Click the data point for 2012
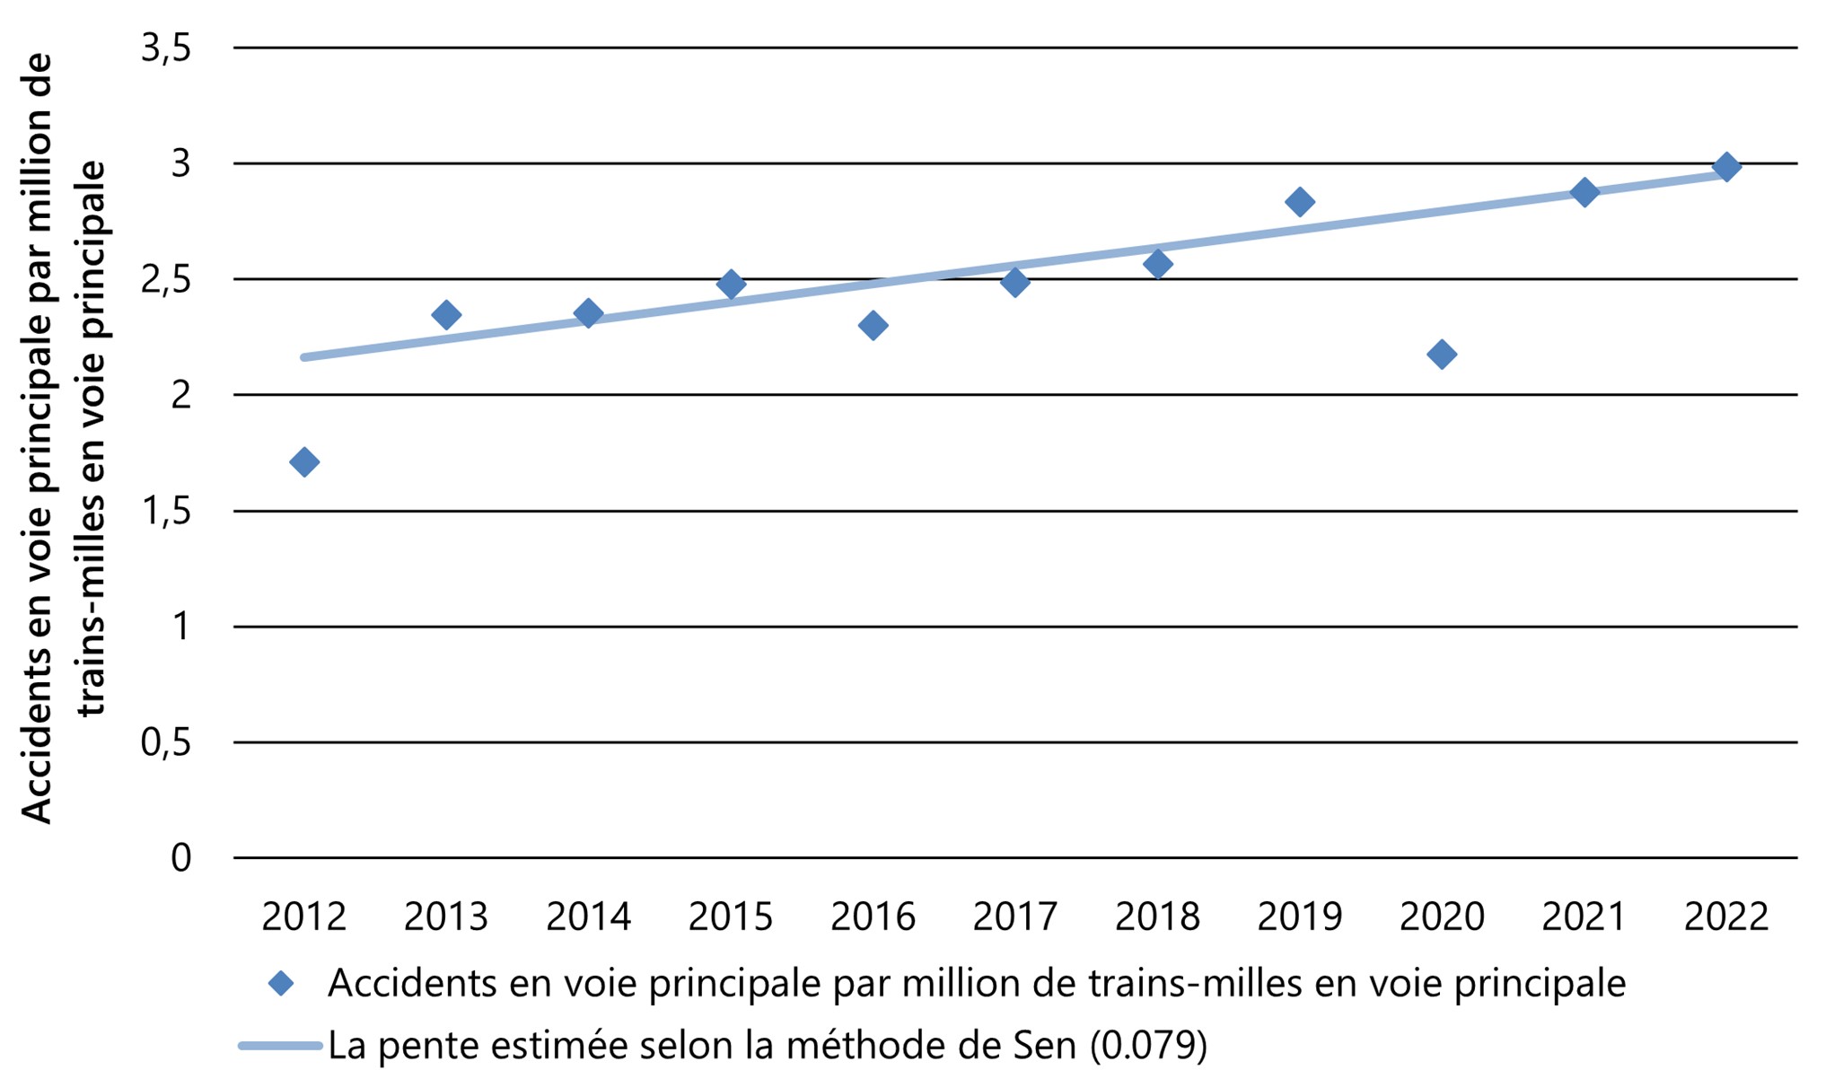pyautogui.click(x=303, y=462)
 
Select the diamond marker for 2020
pyautogui.click(x=1442, y=355)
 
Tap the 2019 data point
pyautogui.click(x=1299, y=202)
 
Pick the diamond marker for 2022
pyautogui.click(x=1725, y=167)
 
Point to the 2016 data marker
pyautogui.click(x=873, y=325)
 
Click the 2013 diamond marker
pyautogui.click(x=446, y=315)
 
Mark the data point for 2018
pyautogui.click(x=1157, y=265)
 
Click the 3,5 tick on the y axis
pyautogui.click(x=166, y=48)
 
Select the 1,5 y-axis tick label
pyautogui.click(x=166, y=512)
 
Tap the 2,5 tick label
pyautogui.click(x=166, y=280)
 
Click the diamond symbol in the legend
pyautogui.click(x=281, y=984)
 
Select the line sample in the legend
pyautogui.click(x=280, y=1046)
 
